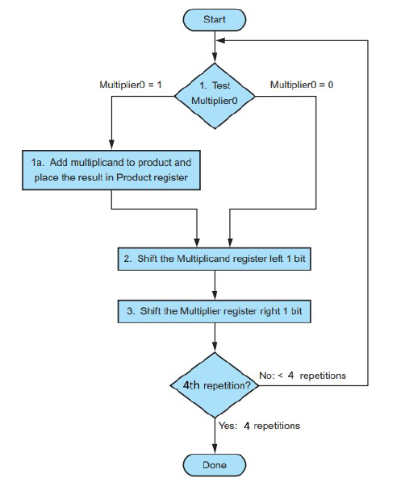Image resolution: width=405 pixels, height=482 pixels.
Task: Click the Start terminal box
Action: pyautogui.click(x=215, y=18)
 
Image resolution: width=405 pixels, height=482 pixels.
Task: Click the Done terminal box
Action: pyautogui.click(x=215, y=464)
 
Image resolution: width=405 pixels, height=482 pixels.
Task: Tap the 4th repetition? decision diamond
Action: pyautogui.click(x=215, y=384)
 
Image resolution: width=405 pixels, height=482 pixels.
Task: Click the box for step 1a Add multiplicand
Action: pyautogui.click(x=111, y=170)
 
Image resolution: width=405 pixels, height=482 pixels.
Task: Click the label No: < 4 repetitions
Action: pyautogui.click(x=303, y=375)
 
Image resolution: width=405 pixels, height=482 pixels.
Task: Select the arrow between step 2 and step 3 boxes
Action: pyautogui.click(x=215, y=285)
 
